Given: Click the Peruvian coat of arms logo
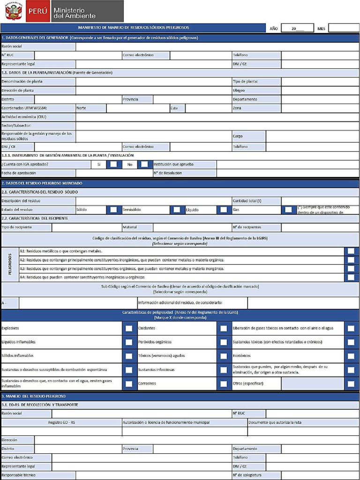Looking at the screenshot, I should click(13, 11).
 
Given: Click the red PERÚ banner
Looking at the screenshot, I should click(37, 11).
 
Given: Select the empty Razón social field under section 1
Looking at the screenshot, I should click(217, 46).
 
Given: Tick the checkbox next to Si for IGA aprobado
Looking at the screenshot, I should click(113, 164).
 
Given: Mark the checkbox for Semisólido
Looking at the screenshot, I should click(176, 210).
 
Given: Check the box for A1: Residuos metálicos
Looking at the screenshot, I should click(351, 251).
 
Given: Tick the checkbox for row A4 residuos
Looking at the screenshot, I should click(351, 277).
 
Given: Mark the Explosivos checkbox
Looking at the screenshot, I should click(128, 328).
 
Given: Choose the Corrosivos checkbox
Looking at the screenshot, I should click(223, 383).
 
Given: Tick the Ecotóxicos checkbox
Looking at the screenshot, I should click(351, 356).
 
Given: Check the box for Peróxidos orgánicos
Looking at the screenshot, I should click(223, 342).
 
